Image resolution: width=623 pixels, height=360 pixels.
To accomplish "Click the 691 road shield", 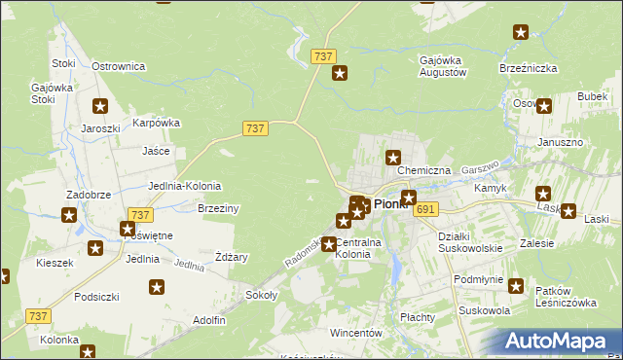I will click(425, 209).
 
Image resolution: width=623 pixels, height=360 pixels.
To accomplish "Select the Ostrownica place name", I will click(118, 66).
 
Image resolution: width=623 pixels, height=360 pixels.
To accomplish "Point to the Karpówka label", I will click(157, 123).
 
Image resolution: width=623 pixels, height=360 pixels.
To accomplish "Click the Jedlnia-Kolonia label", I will click(184, 186).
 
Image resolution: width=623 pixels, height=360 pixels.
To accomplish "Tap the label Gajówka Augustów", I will click(443, 66).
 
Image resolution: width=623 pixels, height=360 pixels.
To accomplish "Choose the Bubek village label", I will click(591, 97).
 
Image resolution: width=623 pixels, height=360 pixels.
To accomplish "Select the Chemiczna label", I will click(423, 170).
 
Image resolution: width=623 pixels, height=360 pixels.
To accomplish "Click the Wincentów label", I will click(354, 333).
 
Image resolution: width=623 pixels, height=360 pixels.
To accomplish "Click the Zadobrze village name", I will click(86, 195).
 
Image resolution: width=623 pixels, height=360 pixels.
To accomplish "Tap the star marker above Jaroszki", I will click(99, 107).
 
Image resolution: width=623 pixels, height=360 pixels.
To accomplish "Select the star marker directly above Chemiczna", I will click(393, 158).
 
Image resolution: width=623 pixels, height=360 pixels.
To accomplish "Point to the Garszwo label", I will click(480, 167).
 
